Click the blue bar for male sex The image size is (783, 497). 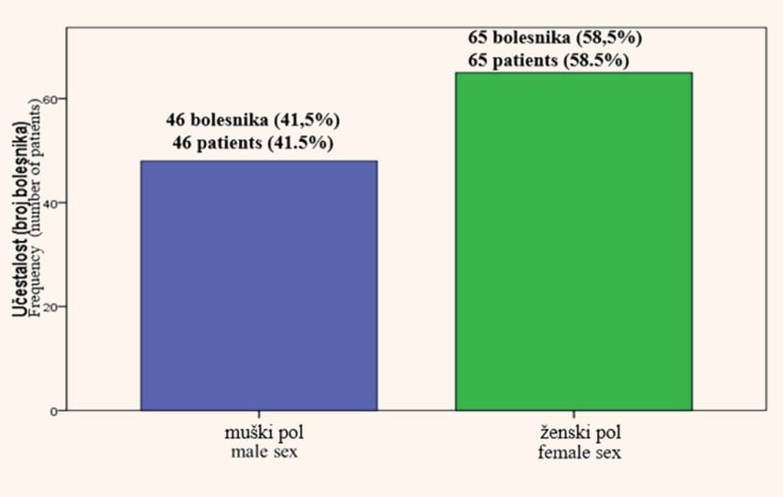pos(259,286)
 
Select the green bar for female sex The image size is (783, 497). pos(574,242)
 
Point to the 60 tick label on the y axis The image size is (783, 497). pos(49,99)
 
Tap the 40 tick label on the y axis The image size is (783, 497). pos(49,203)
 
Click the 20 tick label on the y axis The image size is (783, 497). pos(49,306)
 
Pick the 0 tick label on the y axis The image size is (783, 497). pos(53,412)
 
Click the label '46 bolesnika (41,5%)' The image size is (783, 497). pos(253,120)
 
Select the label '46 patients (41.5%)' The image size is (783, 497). pos(253,143)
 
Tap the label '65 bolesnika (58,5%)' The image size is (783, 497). pos(555,37)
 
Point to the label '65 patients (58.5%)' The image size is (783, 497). pos(548,61)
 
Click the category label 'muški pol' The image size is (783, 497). pos(264,433)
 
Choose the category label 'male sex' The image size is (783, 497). pos(264,452)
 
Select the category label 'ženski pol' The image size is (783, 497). pos(579,433)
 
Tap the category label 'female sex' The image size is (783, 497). pos(579,452)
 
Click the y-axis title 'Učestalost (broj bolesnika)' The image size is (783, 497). pos(20,219)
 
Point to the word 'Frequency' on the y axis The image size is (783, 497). pos(36,281)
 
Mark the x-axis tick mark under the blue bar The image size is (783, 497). pos(259,414)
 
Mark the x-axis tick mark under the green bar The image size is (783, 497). pos(574,414)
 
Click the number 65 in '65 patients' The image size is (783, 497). pos(477,61)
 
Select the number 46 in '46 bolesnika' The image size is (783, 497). pos(176,120)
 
